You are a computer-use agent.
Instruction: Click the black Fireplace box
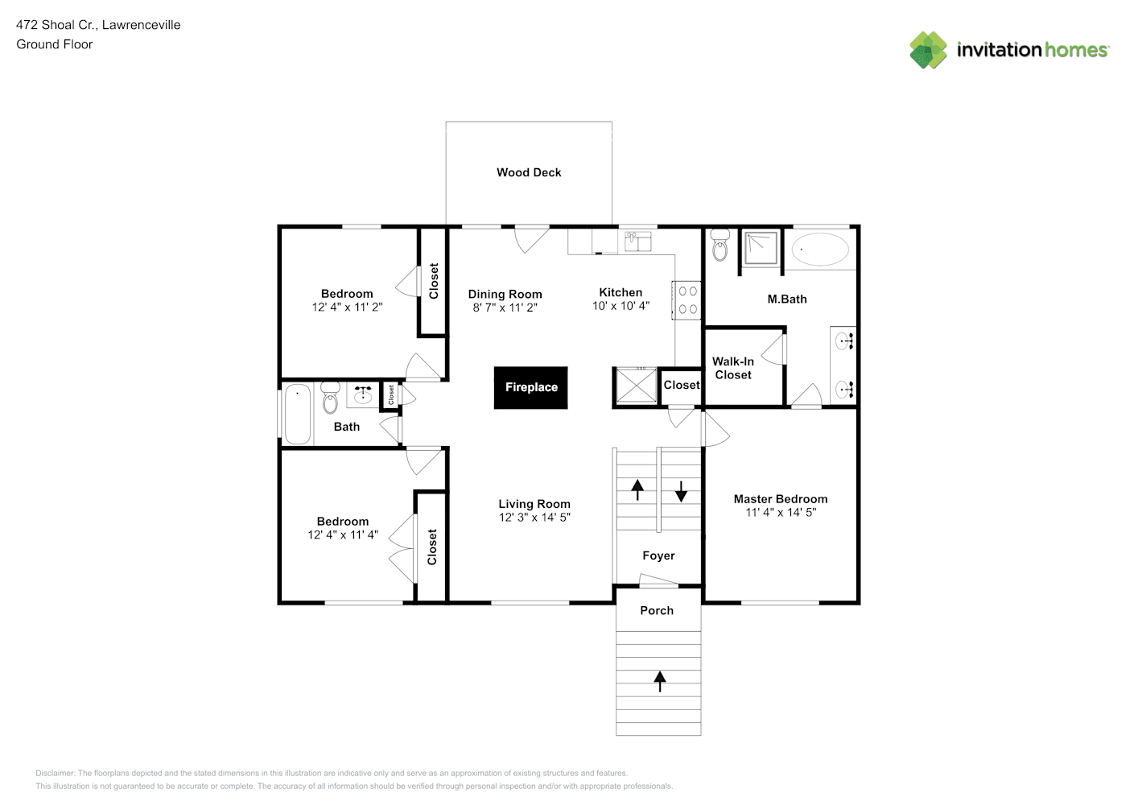(531, 387)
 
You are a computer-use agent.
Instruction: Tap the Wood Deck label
(529, 172)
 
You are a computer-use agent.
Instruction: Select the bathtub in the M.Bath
(820, 250)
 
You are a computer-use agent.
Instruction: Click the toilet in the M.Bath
(719, 246)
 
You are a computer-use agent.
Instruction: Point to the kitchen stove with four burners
(687, 299)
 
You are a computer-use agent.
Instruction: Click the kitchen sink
(637, 241)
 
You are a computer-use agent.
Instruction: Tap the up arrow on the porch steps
(660, 681)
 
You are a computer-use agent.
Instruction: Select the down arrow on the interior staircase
(681, 490)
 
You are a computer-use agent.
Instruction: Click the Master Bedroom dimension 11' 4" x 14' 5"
(781, 512)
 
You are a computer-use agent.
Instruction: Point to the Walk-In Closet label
(733, 368)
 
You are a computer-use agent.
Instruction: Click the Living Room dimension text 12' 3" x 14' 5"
(534, 518)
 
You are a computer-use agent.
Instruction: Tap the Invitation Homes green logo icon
(928, 50)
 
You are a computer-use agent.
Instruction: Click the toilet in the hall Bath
(330, 398)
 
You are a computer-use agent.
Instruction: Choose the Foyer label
(658, 555)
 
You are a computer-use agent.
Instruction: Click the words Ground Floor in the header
(55, 44)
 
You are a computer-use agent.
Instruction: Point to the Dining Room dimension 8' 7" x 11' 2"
(505, 308)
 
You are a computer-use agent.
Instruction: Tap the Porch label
(657, 610)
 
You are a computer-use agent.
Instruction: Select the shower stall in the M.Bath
(761, 247)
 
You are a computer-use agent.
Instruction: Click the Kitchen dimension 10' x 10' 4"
(621, 306)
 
